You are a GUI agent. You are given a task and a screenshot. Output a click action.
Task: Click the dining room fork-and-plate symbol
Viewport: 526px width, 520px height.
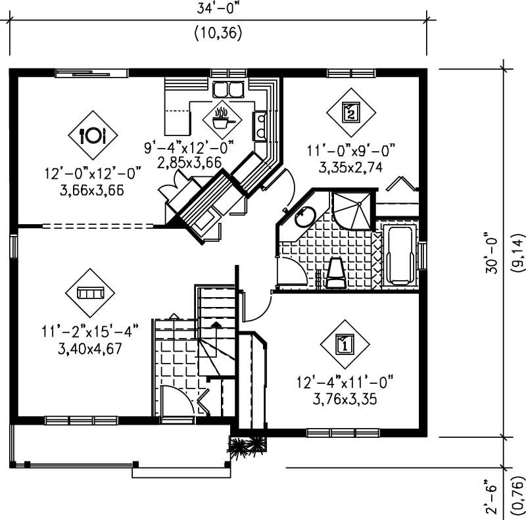pos(93,135)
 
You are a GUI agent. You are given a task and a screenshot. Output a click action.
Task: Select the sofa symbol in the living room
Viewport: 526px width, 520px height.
pos(89,292)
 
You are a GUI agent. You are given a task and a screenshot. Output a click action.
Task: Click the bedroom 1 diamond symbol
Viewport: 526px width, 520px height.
pos(345,343)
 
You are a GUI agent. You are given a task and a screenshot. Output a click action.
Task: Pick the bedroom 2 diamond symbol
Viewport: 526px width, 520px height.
pos(351,111)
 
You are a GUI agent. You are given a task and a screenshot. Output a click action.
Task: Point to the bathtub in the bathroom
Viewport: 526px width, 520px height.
pos(398,256)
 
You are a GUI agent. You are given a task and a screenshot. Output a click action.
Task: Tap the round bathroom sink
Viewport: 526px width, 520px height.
pos(304,216)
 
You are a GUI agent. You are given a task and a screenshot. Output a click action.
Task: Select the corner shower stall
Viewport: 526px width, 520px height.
pos(352,209)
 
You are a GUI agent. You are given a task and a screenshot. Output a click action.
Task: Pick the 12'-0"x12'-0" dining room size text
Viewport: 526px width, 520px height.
pos(93,174)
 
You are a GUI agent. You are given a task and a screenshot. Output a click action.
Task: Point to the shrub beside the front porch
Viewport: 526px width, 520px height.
pos(249,446)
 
